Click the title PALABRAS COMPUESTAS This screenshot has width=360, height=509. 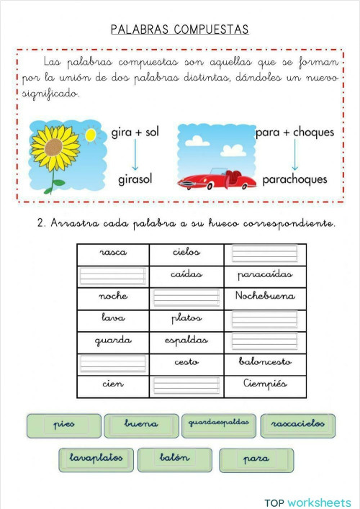(179, 30)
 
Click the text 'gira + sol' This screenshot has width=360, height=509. (135, 133)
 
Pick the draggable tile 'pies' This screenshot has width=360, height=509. (63, 425)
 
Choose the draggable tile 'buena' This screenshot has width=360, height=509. (141, 425)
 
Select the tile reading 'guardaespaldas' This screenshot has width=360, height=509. (219, 423)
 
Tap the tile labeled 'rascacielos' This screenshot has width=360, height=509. (297, 425)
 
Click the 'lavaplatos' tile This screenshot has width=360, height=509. (96, 459)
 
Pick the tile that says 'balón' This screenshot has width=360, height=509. (174, 459)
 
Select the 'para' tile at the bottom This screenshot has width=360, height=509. (256, 459)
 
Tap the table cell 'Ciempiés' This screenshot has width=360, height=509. (265, 384)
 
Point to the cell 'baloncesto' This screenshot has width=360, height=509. (265, 362)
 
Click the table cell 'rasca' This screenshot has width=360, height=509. (113, 253)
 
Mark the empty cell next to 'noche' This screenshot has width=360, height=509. (186, 297)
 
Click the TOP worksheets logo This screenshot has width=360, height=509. (307, 502)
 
